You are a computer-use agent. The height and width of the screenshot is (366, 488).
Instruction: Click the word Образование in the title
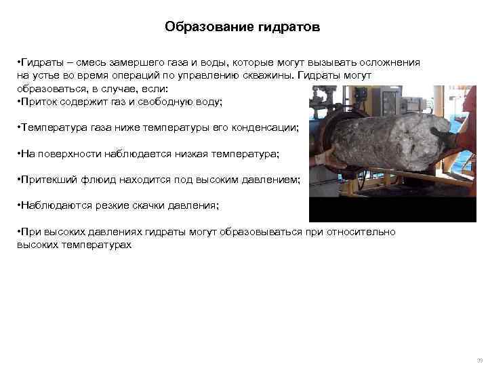[208, 28]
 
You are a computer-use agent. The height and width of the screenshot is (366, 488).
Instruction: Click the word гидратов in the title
[287, 28]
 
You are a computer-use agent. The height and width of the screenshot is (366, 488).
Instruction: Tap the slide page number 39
[479, 360]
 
